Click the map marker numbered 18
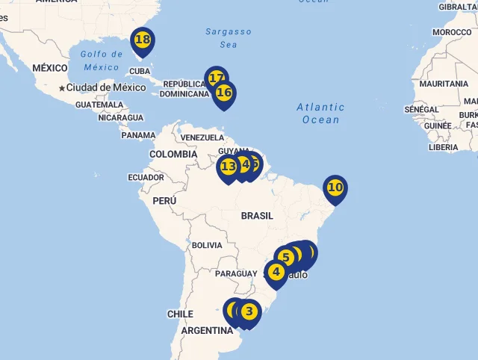[x=142, y=40]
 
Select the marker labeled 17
[x=216, y=78]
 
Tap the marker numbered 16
[x=224, y=93]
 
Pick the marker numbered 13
[x=229, y=167]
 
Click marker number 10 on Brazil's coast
[x=335, y=187]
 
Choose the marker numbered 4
[x=276, y=272]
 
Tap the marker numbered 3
[x=249, y=311]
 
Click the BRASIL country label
[x=257, y=216]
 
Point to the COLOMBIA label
[x=173, y=155]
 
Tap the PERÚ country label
[x=164, y=201]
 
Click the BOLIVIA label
[x=207, y=245]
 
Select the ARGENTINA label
[x=206, y=331]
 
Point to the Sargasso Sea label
[x=229, y=38]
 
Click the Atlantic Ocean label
[x=320, y=114]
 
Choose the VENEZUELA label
[x=202, y=137]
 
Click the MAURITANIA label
[x=444, y=84]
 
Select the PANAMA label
[x=138, y=136]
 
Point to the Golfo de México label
[x=101, y=60]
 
